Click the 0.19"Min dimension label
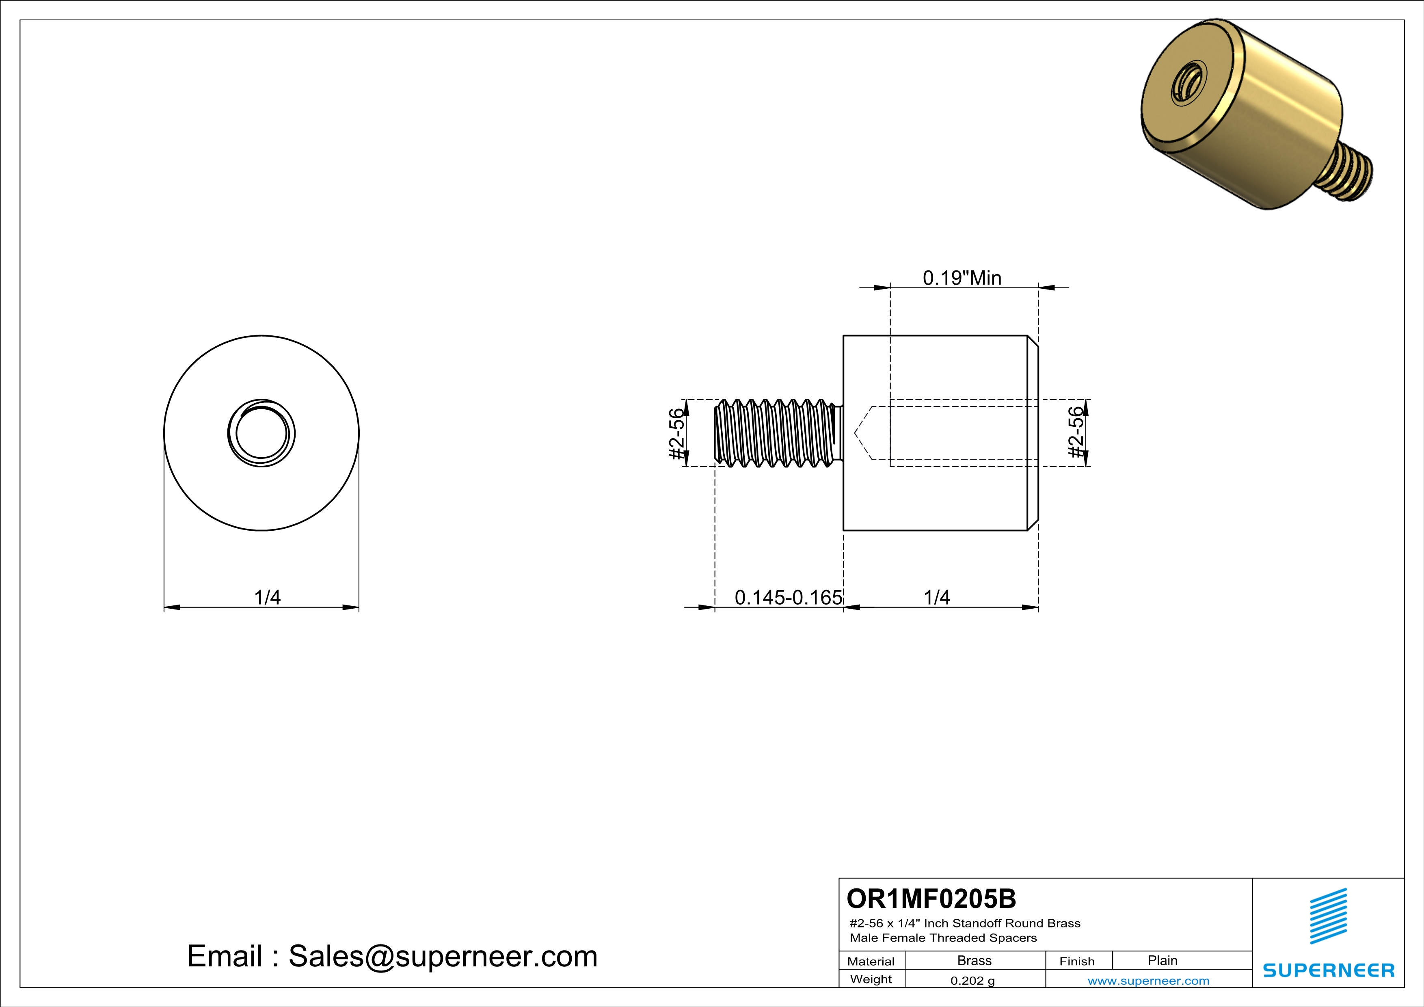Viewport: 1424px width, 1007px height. tap(962, 278)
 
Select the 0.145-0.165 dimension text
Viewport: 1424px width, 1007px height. tap(788, 597)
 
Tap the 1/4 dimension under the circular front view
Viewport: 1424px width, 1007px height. tap(267, 597)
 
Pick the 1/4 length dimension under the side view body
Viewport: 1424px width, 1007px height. tap(936, 597)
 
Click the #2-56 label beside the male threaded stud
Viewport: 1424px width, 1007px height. tap(677, 433)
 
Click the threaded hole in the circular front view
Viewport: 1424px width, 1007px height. tap(261, 433)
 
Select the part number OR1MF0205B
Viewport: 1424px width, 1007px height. tap(931, 899)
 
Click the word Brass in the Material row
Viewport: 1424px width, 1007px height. tap(975, 960)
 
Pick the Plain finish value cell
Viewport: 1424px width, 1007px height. tap(1162, 960)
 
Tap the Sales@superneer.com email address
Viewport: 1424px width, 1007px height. tap(443, 956)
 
